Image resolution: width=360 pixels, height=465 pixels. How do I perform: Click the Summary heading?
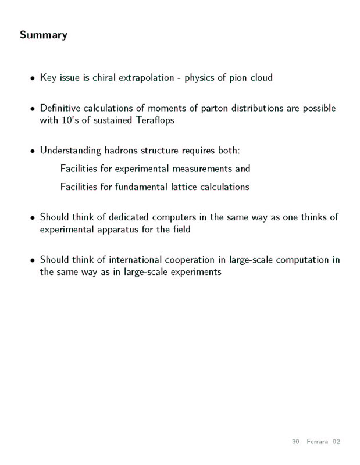[44, 35]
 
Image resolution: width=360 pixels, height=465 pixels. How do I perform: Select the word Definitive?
[62, 109]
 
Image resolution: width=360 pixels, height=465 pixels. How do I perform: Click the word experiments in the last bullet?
[193, 271]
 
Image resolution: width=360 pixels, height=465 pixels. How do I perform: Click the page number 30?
[295, 442]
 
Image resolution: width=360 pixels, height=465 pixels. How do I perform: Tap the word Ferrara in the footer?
[318, 442]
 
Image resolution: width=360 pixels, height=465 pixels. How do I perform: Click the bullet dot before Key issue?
[32, 78]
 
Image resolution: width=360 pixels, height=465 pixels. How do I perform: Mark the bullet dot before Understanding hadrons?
[32, 152]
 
